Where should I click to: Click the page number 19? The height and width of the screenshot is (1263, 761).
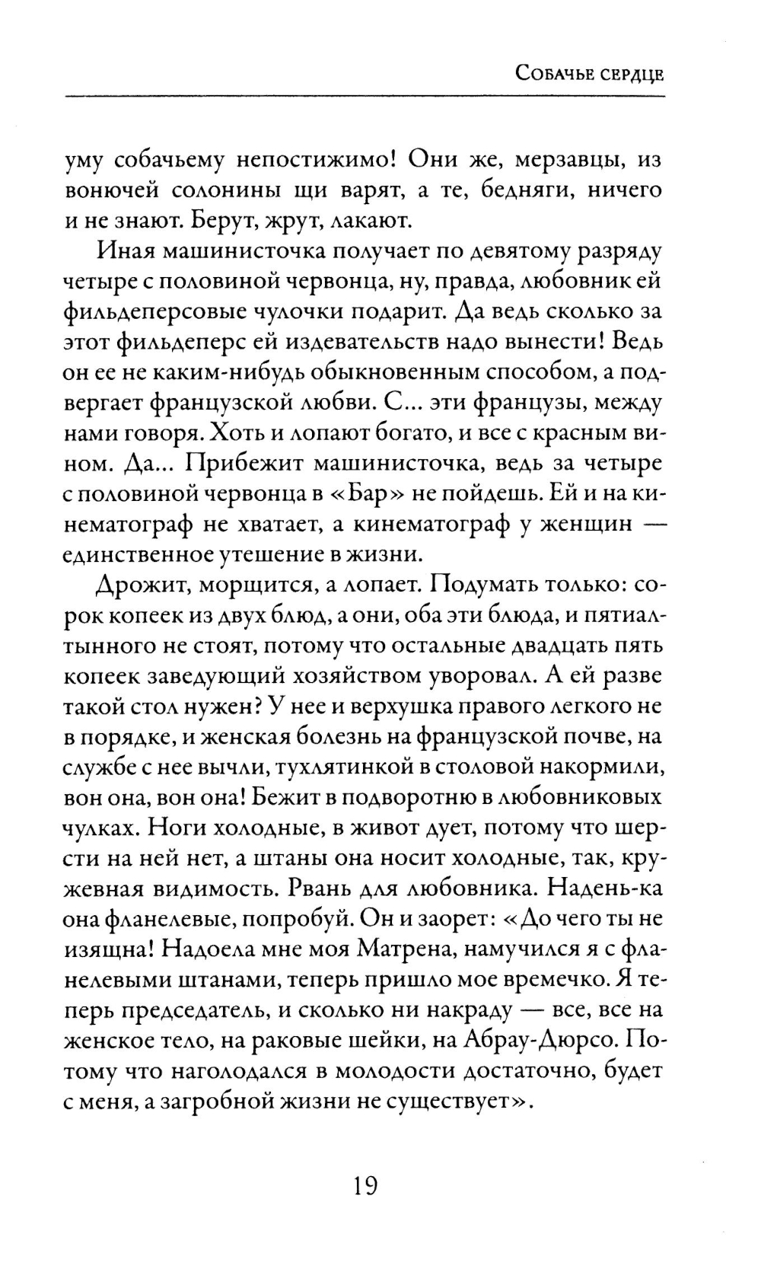366,1185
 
